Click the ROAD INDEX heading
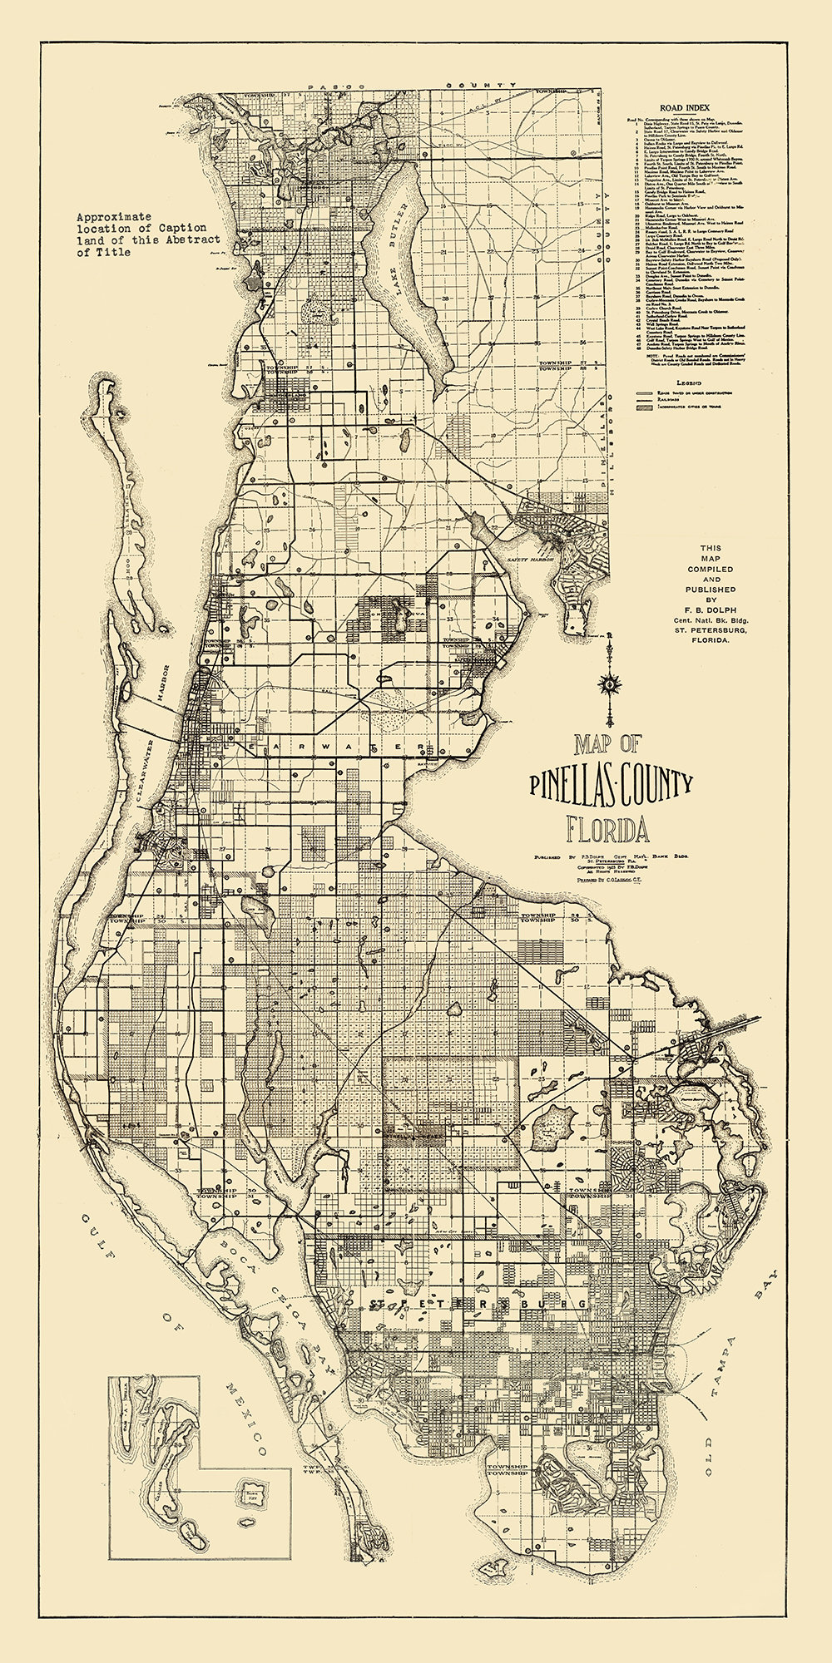coord(685,107)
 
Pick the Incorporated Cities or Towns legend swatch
coord(645,407)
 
